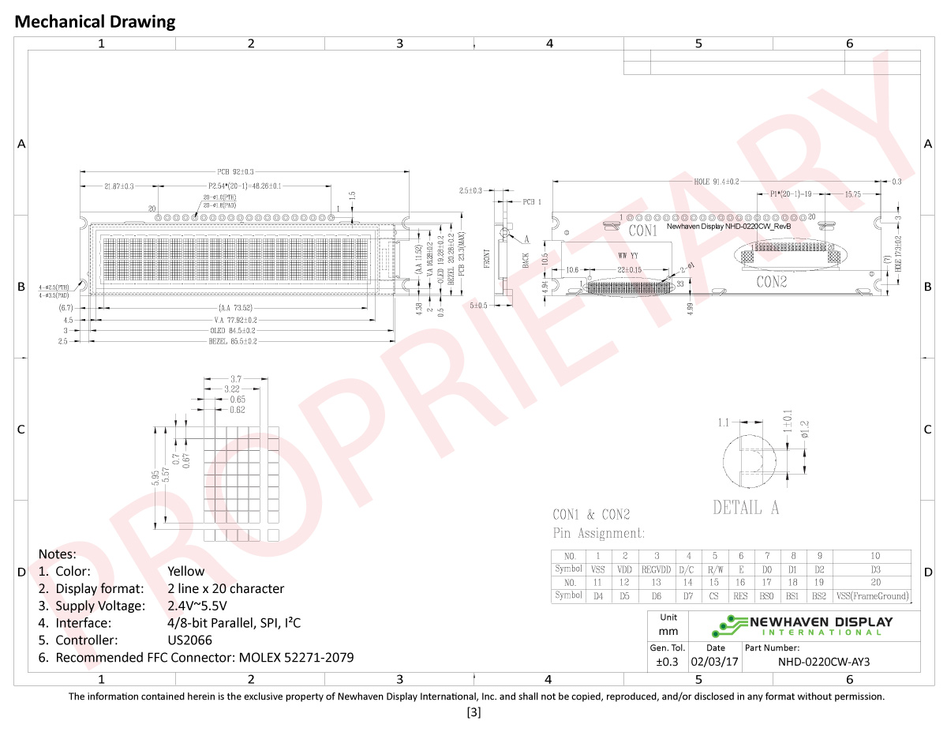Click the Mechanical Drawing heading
click(x=95, y=22)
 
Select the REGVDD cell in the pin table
click(x=656, y=569)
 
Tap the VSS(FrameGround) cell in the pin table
click(x=872, y=596)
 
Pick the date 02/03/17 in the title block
click(x=714, y=662)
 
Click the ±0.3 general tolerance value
click(x=668, y=662)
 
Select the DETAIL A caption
click(x=745, y=509)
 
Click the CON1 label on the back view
click(x=643, y=231)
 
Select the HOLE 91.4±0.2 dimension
click(x=716, y=181)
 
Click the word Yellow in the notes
click(x=186, y=571)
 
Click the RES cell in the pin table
click(x=740, y=596)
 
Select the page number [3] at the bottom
click(x=473, y=712)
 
